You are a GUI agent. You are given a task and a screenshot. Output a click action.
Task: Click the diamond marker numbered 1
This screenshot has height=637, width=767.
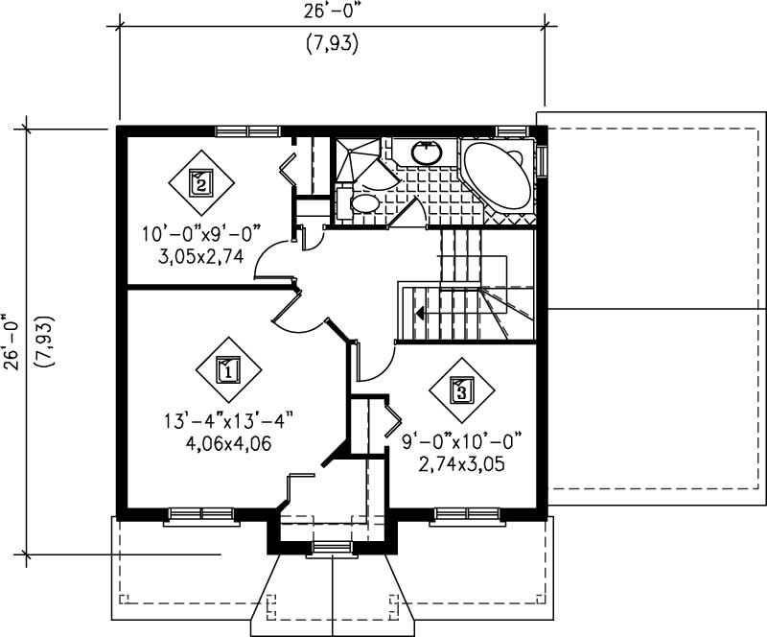coord(227,368)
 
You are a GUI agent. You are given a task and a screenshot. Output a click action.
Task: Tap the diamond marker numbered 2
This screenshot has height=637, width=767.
coord(199,181)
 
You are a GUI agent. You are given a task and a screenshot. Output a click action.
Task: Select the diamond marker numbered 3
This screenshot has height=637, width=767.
coord(461,389)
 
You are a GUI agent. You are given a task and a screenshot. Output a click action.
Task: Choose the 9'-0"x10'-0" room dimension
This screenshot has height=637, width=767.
coord(461,442)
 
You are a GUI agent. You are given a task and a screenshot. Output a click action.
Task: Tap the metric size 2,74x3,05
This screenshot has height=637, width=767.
coord(461,464)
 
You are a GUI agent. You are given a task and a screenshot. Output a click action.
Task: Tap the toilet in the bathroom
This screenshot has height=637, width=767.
coord(363,202)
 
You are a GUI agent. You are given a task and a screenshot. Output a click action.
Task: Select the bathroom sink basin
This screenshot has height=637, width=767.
coord(425,152)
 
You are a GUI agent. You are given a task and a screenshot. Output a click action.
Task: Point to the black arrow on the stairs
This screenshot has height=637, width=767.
coord(419,311)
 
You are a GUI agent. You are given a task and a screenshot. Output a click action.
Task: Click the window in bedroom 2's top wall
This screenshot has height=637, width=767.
coord(246,130)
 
